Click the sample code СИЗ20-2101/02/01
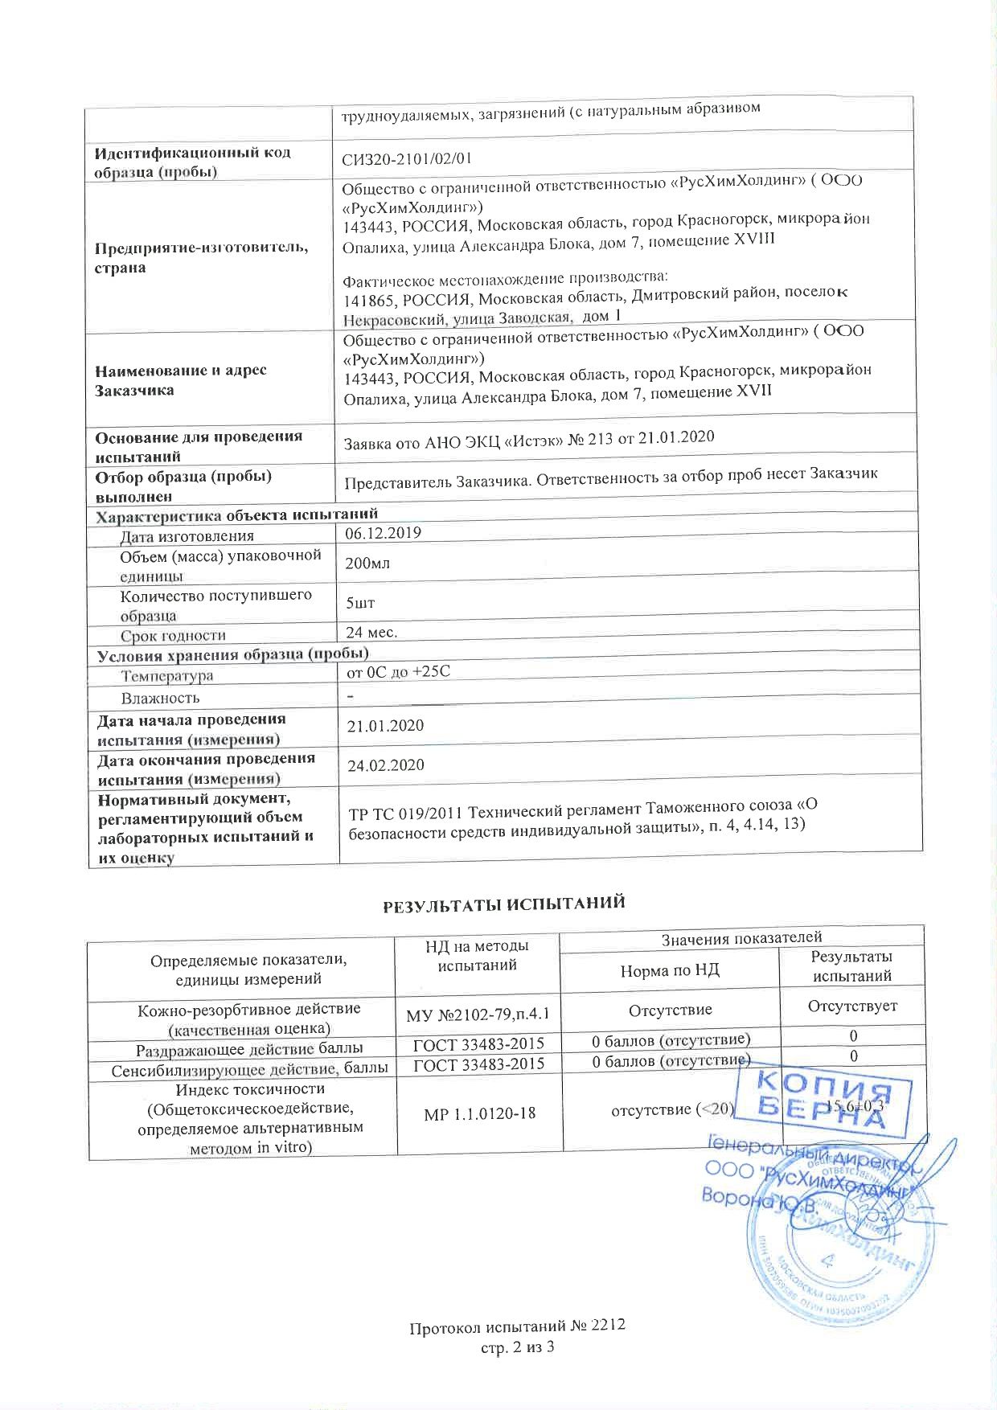406,157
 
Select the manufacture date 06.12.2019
383,533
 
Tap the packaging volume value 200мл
367,564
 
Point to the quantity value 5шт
360,603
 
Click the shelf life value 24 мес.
371,632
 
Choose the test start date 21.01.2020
385,726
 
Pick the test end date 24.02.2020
385,765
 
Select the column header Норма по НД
670,970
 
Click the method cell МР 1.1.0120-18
476,1113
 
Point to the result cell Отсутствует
852,1006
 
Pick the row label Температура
167,676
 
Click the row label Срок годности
173,636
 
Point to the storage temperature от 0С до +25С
397,671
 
